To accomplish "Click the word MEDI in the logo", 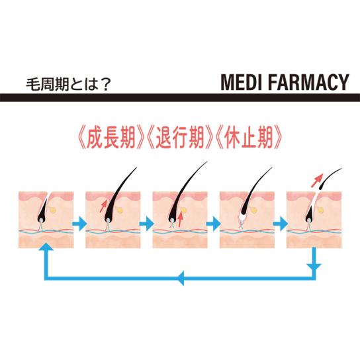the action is coord(241,82).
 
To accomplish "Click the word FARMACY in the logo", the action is coord(308,82).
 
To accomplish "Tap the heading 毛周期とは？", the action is coord(68,85).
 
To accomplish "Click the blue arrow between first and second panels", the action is coord(79,224).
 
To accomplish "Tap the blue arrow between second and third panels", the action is coord(146,224).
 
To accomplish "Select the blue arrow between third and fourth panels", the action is coord(214,224).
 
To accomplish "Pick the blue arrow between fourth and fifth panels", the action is coord(281,224).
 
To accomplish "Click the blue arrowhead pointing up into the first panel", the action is coord(46,247).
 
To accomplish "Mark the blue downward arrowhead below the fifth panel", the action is coord(314,267).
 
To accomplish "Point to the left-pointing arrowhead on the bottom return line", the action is coord(180,278).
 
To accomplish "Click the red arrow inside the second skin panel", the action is coord(103,206).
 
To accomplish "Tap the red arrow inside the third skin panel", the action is coord(181,219).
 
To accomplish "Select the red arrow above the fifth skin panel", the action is coord(317,181).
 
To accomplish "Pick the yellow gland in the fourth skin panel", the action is coord(253,210).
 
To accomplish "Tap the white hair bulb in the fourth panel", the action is coord(242,218).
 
